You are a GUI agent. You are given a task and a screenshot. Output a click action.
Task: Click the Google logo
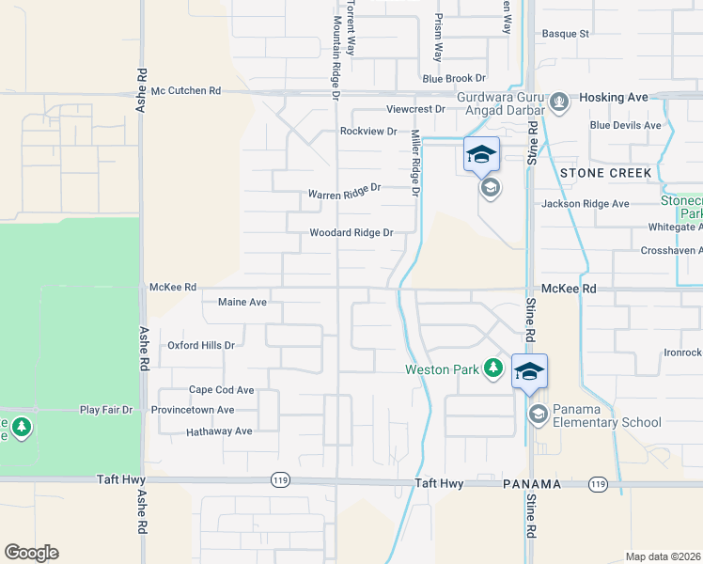[31, 553]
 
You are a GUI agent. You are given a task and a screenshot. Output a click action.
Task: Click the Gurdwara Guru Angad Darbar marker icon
[558, 101]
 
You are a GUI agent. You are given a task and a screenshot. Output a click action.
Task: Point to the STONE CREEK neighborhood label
[605, 173]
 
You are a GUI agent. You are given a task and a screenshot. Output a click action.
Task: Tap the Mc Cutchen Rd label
[185, 91]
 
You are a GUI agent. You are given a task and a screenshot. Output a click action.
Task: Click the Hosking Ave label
[614, 97]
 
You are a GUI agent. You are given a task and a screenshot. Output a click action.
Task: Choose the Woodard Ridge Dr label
[351, 233]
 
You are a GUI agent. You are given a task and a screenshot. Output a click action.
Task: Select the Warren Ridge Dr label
[344, 192]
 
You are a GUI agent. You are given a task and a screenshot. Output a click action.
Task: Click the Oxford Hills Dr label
[200, 345]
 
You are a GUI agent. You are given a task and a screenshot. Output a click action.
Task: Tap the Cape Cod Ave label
[222, 390]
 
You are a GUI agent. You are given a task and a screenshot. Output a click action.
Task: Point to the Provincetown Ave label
[198, 410]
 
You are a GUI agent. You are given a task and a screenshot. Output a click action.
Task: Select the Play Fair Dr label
[107, 410]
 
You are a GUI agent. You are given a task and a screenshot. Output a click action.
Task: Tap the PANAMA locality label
[533, 484]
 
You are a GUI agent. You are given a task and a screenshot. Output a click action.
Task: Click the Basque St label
[570, 34]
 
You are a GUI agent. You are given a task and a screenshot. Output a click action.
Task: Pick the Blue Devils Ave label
[625, 125]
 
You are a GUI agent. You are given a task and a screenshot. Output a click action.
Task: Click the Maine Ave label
[242, 303]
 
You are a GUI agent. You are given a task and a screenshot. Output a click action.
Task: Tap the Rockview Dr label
[368, 132]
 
